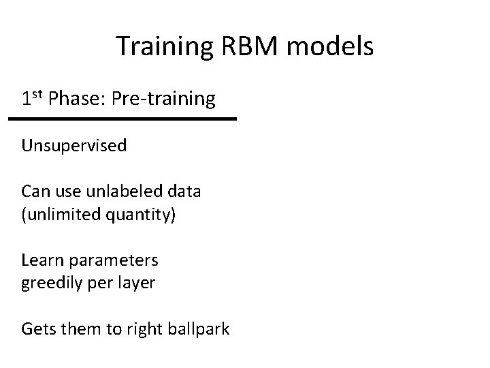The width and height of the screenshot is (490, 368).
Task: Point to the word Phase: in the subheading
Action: [76, 99]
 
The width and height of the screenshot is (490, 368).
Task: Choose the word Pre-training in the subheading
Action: [163, 99]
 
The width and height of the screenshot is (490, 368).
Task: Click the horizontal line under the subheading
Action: [122, 119]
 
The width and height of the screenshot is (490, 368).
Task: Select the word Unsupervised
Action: [74, 146]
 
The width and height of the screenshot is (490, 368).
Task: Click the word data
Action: [183, 191]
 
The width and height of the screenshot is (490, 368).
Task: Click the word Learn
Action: [41, 260]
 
